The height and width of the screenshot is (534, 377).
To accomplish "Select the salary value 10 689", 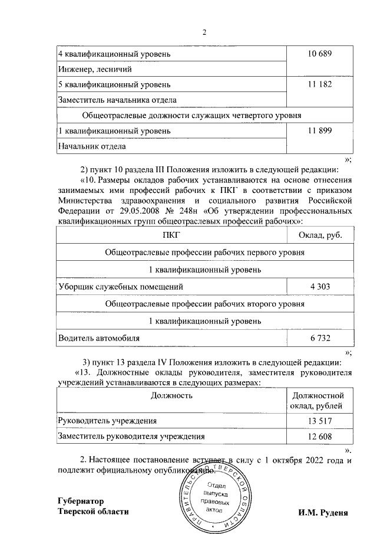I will point(320,54).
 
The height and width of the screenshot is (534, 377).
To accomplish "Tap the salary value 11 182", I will point(320,85).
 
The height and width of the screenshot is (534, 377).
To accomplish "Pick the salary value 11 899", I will point(320,130).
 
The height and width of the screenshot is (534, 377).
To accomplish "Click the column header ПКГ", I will point(171,236).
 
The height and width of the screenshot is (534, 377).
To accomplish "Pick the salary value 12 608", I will point(320,437).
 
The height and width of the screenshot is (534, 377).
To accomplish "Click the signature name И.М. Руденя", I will point(323,513).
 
